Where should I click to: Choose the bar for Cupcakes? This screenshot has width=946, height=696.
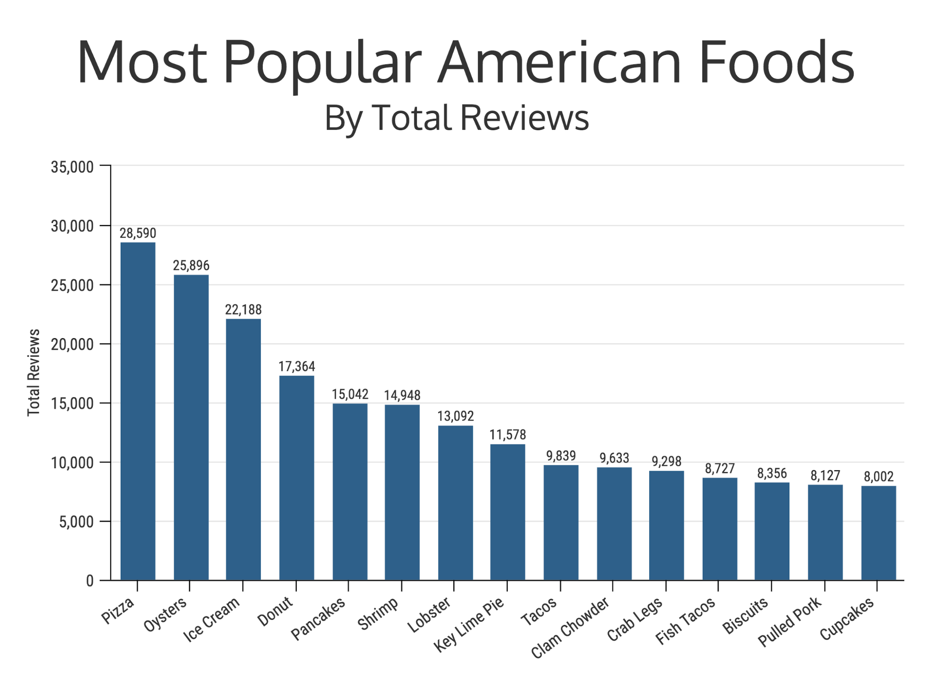click(878, 533)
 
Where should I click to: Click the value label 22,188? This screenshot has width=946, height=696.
click(243, 310)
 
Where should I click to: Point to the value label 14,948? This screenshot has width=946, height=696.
click(402, 395)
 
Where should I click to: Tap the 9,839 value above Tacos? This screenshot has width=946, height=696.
click(561, 456)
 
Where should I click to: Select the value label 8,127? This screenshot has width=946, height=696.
click(825, 475)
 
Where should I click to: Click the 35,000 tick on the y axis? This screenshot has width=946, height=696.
click(72, 167)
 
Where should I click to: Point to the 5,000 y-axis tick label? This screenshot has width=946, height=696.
click(76, 522)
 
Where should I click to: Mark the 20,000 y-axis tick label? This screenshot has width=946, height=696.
click(72, 345)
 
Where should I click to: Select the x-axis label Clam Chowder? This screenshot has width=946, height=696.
click(570, 628)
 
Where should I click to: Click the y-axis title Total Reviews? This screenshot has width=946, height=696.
click(34, 373)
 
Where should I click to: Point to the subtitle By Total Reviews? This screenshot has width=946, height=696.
click(457, 117)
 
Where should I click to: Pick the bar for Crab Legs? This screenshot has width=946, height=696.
click(666, 525)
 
